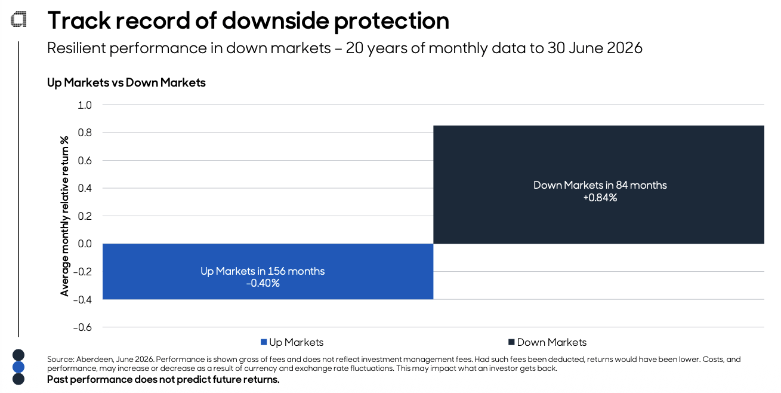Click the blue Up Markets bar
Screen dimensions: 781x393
268,271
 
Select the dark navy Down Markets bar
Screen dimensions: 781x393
598,185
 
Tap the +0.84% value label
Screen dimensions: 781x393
600,198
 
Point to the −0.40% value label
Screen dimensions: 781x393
263,283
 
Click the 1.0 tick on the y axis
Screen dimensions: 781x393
85,105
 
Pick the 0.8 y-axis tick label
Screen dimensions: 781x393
85,133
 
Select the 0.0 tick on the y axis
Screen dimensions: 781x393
85,244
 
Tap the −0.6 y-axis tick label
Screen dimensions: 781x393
82,327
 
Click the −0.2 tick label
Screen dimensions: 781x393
82,272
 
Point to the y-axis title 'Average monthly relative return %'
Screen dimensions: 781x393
64,216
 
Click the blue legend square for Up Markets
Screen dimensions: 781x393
264,342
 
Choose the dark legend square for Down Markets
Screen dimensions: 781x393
511,342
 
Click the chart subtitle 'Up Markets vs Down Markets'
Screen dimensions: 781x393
126,82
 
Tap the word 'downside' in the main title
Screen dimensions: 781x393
276,20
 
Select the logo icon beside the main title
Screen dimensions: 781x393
18,19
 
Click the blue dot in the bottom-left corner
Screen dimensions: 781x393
18,367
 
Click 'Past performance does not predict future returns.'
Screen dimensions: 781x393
163,379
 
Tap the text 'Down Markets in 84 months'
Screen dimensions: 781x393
600,185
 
